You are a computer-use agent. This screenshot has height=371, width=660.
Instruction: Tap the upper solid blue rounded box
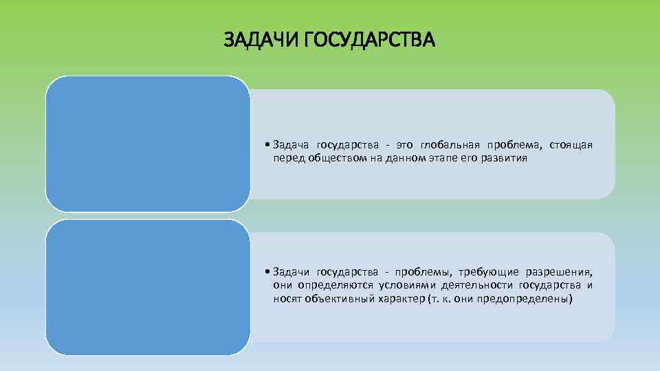[148, 144]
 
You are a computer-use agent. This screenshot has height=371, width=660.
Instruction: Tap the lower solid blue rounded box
[148, 287]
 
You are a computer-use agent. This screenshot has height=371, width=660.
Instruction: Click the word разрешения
[559, 272]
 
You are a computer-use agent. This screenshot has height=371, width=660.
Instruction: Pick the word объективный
[333, 300]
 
